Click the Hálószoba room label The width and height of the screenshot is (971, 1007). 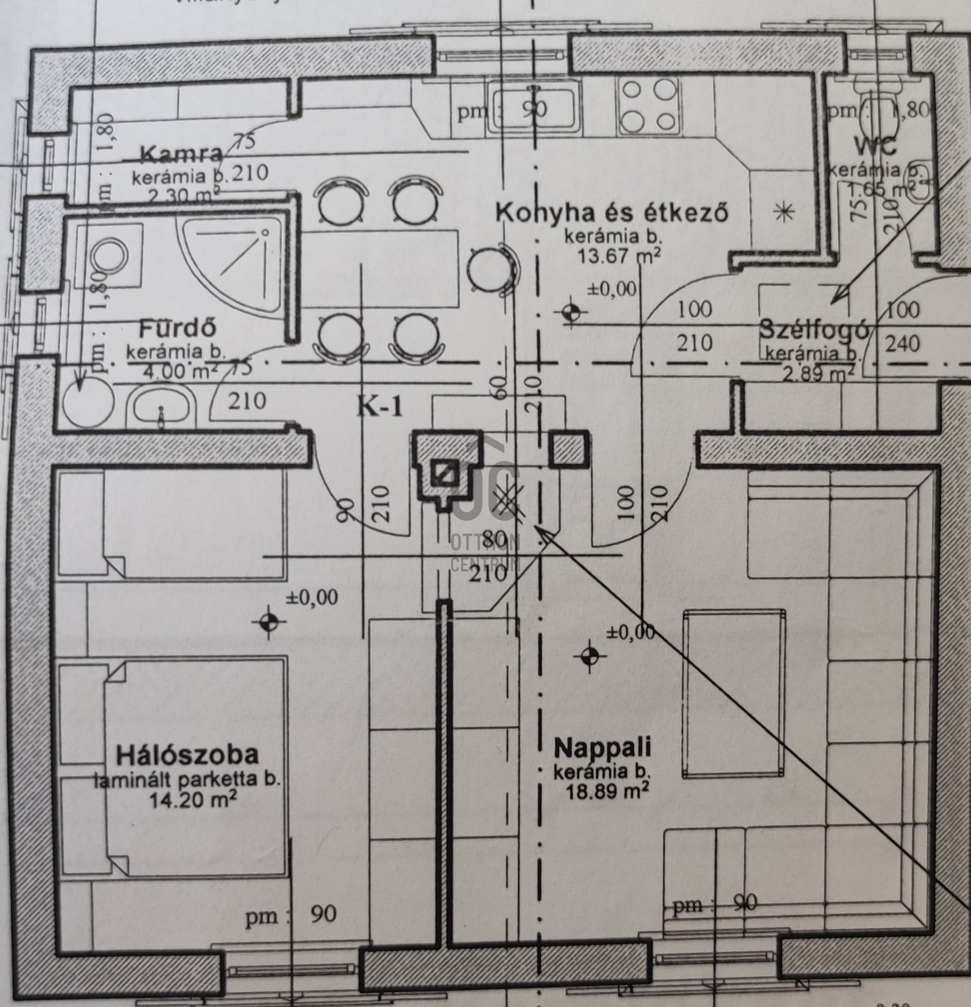187,754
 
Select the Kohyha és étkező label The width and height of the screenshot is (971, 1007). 612,213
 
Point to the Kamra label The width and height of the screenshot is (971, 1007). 182,153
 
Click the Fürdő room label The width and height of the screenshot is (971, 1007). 178,328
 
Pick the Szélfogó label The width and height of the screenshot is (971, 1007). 814,330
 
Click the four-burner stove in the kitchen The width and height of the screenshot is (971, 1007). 648,105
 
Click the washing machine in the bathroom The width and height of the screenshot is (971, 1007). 108,256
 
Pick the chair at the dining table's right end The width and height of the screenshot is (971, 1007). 491,268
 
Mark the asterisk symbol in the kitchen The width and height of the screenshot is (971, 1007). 783,212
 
